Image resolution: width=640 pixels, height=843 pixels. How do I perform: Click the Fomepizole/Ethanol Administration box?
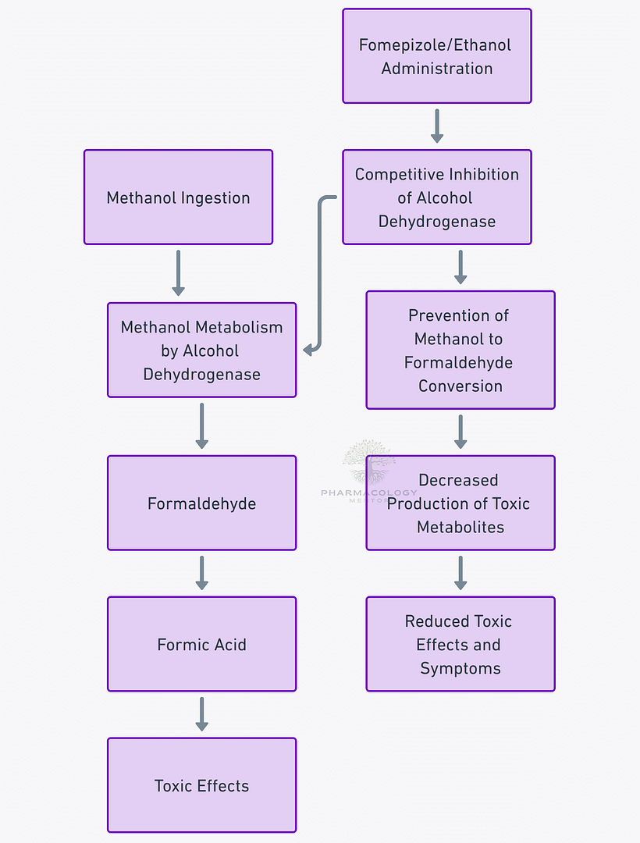(x=436, y=56)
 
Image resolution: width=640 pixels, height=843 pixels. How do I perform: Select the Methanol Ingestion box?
(x=178, y=197)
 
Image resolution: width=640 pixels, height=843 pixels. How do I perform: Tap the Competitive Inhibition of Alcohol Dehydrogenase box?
(x=436, y=197)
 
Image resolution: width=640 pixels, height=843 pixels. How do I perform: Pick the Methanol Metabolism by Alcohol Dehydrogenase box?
(x=201, y=350)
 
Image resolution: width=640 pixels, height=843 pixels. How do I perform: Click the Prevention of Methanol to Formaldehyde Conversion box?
(x=460, y=350)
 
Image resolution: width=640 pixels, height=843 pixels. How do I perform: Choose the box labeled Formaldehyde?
(x=201, y=503)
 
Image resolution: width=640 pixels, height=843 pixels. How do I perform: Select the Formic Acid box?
(x=201, y=645)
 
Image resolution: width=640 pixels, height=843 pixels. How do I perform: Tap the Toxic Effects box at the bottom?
(x=201, y=785)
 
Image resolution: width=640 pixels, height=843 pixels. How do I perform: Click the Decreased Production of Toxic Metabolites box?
(x=460, y=503)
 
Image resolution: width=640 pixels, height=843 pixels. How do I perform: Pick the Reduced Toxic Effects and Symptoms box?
(x=460, y=645)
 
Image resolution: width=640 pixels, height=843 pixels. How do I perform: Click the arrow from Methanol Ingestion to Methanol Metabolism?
(x=178, y=273)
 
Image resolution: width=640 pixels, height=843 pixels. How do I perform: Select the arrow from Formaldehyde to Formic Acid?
(x=201, y=573)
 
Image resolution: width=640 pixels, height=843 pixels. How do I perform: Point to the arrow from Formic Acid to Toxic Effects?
(x=201, y=714)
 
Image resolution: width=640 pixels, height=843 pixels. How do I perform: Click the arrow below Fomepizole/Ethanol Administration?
(x=436, y=126)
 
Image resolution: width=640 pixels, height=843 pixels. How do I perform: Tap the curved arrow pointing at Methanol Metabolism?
(x=319, y=273)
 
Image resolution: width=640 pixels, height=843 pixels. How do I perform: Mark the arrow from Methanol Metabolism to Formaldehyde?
(x=201, y=426)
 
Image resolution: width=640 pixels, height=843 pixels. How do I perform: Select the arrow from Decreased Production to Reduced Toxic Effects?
(x=460, y=573)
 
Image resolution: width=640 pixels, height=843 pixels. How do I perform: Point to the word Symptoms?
(x=460, y=668)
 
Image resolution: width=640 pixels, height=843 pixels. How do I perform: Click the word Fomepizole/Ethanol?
(x=435, y=44)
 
